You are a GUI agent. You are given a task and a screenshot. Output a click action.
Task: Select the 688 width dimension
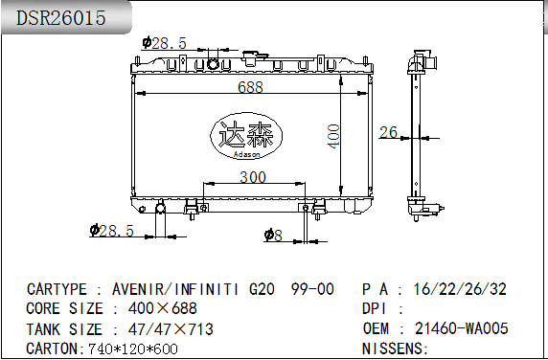(251, 87)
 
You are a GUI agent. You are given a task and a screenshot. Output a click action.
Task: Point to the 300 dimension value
(252, 177)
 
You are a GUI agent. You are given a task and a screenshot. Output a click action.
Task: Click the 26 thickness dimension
(388, 131)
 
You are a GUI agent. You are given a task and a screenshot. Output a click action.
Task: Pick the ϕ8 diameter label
(271, 235)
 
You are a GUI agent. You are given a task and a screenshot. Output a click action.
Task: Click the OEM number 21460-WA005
(461, 328)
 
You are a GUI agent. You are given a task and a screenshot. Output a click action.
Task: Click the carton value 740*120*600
(132, 349)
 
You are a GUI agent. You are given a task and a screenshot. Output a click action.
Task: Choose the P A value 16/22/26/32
(460, 288)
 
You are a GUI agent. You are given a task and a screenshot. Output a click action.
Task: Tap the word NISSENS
(393, 349)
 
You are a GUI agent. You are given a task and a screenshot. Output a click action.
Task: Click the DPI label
(375, 308)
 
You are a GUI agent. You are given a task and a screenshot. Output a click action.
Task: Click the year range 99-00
(312, 288)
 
